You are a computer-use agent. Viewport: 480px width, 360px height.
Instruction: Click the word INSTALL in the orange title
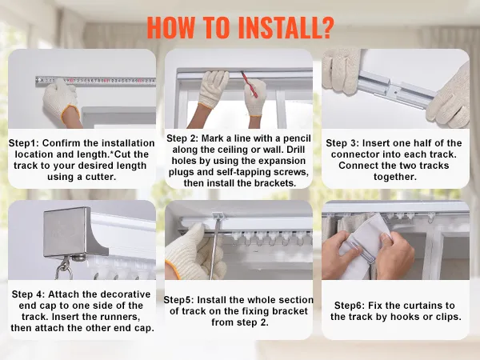pos(277,27)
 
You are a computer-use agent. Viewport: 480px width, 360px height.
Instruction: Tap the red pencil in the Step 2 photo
pos(249,84)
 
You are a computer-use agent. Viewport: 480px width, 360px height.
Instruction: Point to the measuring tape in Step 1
pos(95,81)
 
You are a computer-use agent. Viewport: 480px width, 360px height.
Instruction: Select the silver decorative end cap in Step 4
pos(74,233)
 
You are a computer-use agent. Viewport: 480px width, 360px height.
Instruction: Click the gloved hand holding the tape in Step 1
pos(62,101)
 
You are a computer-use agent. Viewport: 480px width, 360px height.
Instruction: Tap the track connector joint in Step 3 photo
pos(396,90)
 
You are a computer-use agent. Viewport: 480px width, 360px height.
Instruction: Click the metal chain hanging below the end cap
pos(64,268)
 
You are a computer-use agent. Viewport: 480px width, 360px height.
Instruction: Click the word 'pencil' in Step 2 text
pos(297,138)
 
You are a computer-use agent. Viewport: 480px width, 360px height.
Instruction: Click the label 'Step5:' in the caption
pos(178,300)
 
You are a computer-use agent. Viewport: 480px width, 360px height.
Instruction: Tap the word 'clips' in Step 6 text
pos(448,317)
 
